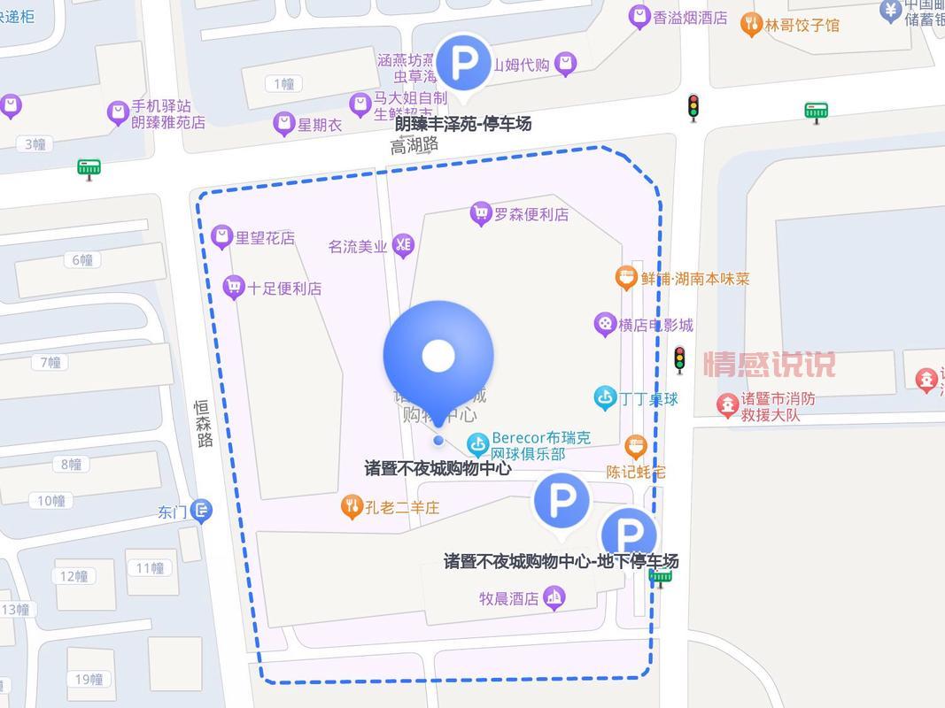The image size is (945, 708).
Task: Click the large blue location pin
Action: [438, 355]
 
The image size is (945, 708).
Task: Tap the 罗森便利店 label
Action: [531, 213]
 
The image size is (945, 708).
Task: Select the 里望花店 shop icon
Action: [222, 237]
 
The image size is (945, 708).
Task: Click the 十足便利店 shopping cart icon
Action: [234, 287]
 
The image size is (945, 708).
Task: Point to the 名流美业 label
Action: [358, 247]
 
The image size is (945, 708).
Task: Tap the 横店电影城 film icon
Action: [605, 325]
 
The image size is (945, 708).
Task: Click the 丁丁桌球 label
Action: [649, 399]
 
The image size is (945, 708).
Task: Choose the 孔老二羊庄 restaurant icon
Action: [352, 507]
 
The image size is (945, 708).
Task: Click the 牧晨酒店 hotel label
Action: [509, 598]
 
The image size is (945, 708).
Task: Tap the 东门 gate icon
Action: [202, 511]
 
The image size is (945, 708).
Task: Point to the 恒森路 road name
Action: [205, 423]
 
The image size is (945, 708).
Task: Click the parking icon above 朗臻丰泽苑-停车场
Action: [463, 62]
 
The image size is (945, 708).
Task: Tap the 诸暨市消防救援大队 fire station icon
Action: [727, 405]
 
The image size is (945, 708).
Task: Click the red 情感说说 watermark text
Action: [769, 364]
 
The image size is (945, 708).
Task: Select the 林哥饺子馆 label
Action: [802, 25]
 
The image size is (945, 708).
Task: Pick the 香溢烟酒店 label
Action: [690, 17]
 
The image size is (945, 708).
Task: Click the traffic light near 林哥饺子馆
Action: [693, 107]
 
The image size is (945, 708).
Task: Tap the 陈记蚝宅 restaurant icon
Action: [635, 446]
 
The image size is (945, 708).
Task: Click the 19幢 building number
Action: [89, 680]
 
